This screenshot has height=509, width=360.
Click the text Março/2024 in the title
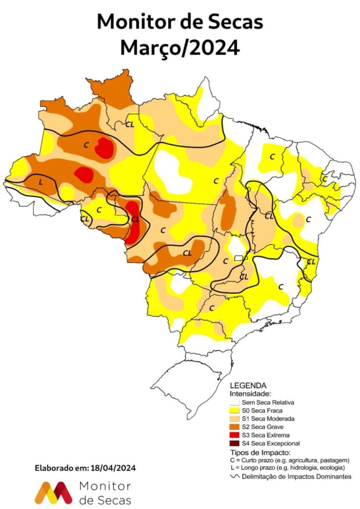pos(180,48)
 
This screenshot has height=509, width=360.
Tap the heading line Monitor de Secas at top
pos(180,22)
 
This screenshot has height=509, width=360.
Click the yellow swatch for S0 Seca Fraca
pos(234,411)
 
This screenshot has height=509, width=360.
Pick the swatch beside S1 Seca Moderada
pos(234,419)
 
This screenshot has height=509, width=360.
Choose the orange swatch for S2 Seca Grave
pos(234,427)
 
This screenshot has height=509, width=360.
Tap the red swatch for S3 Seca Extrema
pos(234,435)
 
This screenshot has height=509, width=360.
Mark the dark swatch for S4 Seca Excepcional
pos(234,443)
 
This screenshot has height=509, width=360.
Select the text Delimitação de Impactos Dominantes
pos(296,477)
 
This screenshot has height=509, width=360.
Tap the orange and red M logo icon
pos(53,492)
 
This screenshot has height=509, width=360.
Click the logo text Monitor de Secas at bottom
pos(105,493)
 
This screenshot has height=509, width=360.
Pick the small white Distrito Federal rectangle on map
pos(239,258)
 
